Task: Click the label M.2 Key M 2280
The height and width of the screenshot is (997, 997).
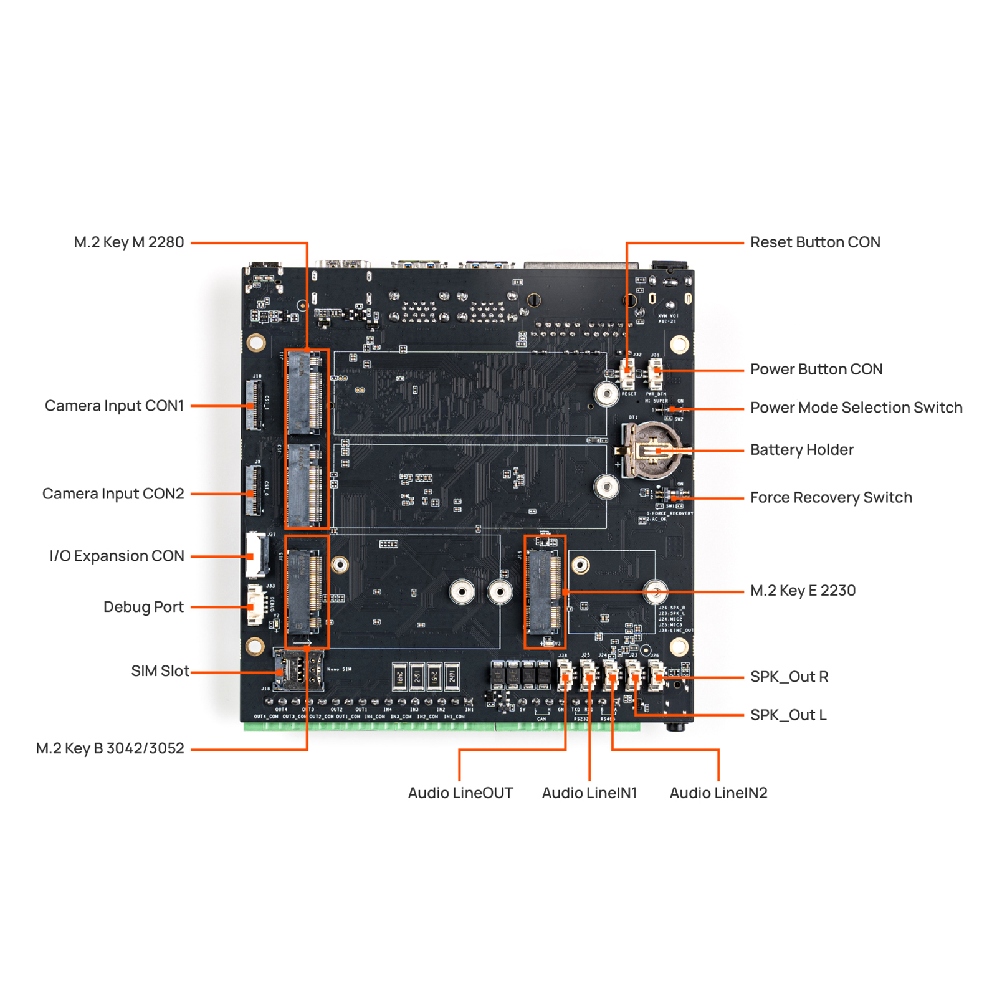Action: tap(129, 242)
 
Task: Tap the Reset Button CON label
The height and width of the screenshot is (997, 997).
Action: tap(814, 242)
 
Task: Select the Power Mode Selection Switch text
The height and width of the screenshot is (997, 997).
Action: tap(856, 408)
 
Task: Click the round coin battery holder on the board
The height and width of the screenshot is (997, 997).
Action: tap(651, 449)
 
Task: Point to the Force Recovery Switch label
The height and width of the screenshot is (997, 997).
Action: tap(831, 497)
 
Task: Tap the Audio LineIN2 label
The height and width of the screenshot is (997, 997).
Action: tap(718, 793)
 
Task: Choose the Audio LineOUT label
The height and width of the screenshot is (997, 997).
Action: tap(460, 793)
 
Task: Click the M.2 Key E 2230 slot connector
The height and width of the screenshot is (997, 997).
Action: tap(544, 591)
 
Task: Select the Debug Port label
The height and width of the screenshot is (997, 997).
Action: tap(143, 607)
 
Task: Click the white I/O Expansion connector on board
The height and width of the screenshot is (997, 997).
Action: tap(256, 554)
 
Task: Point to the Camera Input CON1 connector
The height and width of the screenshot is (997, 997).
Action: tap(254, 406)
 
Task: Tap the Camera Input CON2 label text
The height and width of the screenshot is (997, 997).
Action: tap(113, 494)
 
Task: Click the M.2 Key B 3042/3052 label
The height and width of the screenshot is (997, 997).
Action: tap(110, 748)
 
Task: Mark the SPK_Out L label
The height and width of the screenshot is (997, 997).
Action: tap(788, 715)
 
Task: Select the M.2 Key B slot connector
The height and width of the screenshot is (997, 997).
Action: tap(305, 591)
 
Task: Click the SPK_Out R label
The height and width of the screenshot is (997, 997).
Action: tap(789, 677)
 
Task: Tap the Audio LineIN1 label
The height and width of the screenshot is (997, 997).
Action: tap(589, 793)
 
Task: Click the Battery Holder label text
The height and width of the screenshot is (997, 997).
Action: tap(801, 450)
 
